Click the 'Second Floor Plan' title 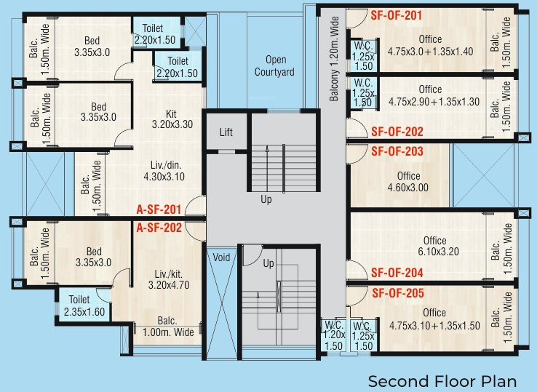(x=442, y=381)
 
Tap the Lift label (x=226, y=132)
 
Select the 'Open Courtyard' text (x=274, y=65)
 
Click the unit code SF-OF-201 (x=397, y=15)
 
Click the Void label (x=220, y=257)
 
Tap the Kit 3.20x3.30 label (x=172, y=119)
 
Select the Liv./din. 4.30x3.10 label (x=164, y=170)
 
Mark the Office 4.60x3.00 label (x=408, y=181)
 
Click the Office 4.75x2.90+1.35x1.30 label (x=430, y=96)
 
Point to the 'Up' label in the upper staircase (x=266, y=199)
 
